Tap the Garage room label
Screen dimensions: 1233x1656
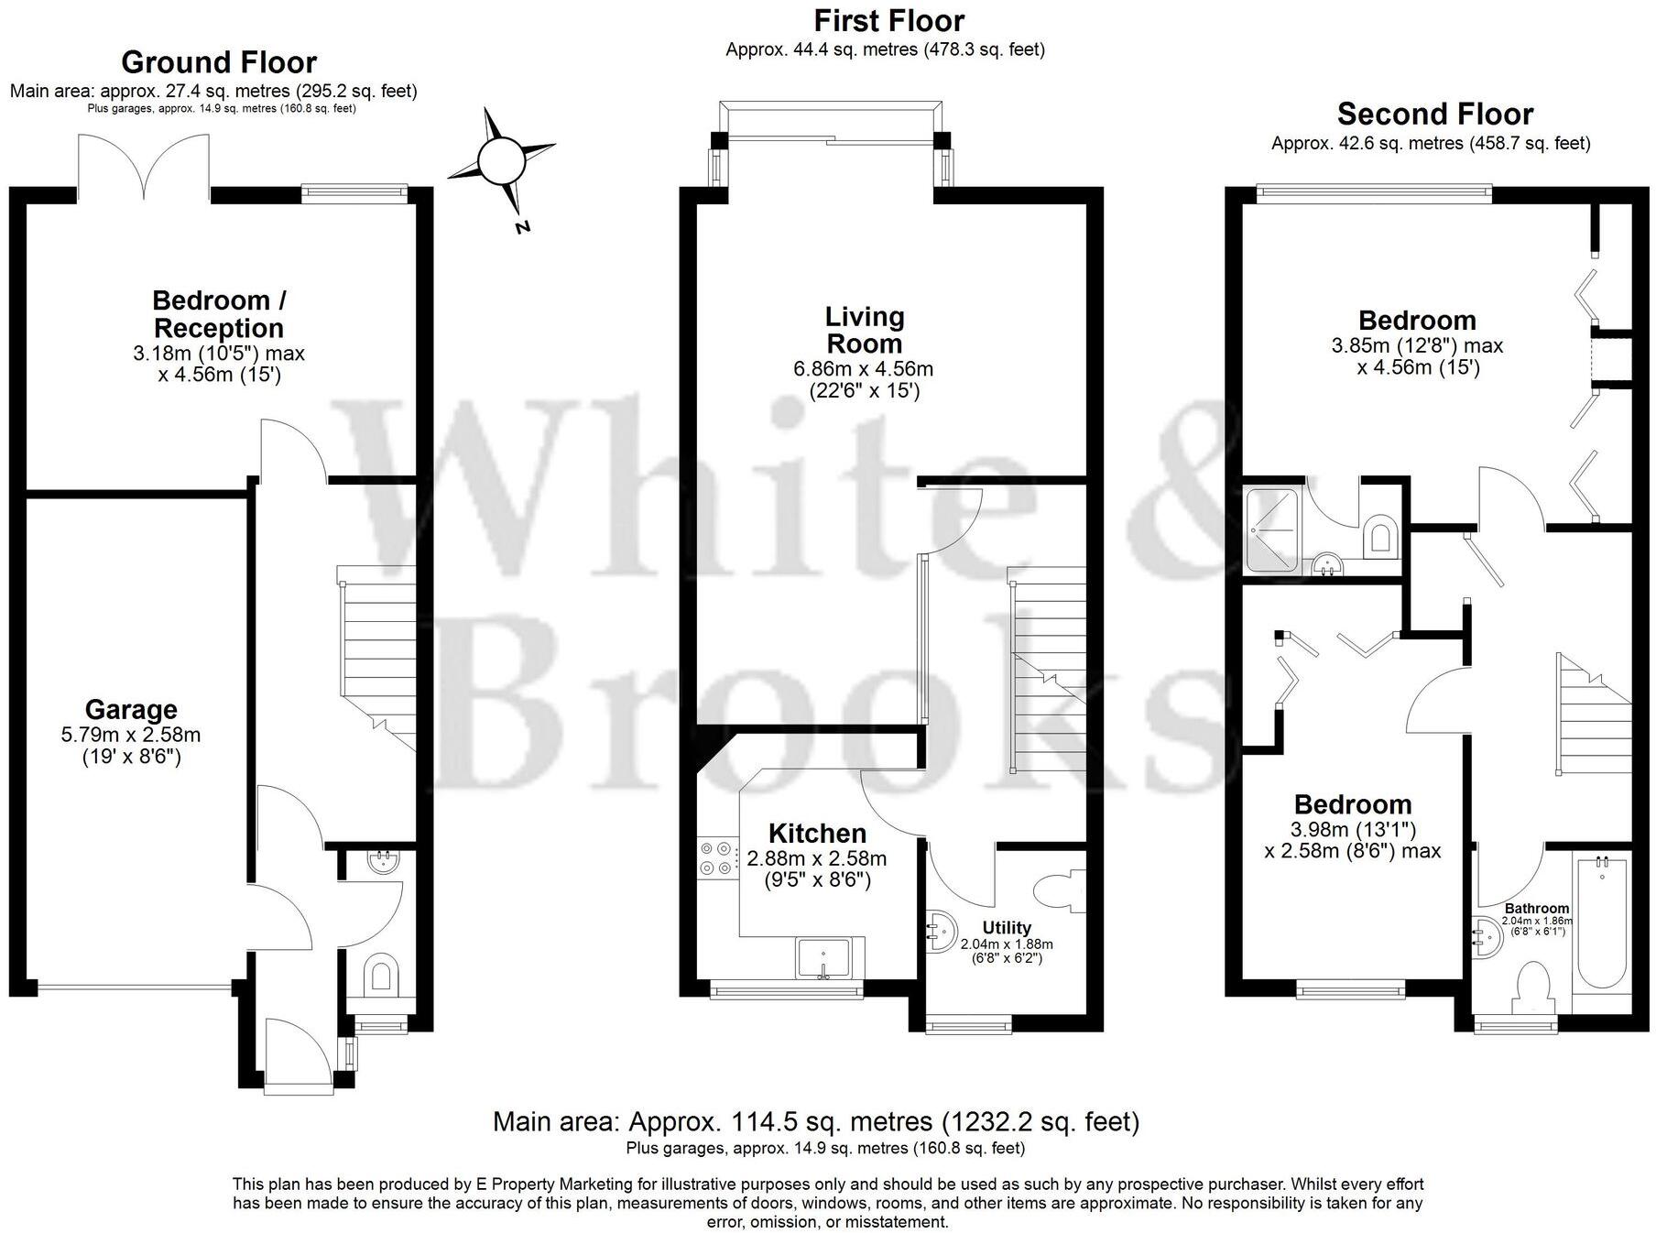pyautogui.click(x=131, y=710)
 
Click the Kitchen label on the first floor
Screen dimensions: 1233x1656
pyautogui.click(x=817, y=834)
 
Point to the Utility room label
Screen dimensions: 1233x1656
pyautogui.click(x=1007, y=928)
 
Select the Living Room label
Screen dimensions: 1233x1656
pyautogui.click(x=864, y=331)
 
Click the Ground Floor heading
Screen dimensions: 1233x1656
pyautogui.click(x=219, y=62)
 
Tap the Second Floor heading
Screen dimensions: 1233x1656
pyautogui.click(x=1434, y=115)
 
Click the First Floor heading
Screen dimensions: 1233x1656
pyautogui.click(x=888, y=20)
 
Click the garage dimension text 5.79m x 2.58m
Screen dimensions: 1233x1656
pyautogui.click(x=131, y=735)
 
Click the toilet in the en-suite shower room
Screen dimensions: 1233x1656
pyautogui.click(x=1379, y=538)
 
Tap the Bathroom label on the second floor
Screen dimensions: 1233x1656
pyautogui.click(x=1536, y=909)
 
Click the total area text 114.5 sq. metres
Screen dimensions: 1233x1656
pyautogui.click(x=815, y=1121)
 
